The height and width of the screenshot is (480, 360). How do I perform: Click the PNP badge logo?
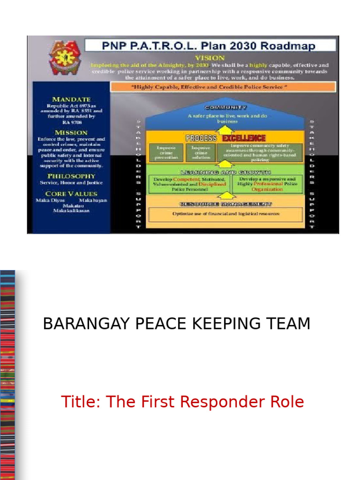65,57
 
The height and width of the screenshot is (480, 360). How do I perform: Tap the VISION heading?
210,58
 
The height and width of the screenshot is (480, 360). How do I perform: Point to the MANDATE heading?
71,99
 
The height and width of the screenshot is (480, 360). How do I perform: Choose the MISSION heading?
71,133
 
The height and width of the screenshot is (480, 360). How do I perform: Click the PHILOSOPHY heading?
71,176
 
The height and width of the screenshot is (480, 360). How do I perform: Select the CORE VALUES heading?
71,194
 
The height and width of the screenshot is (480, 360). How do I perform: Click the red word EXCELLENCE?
244,138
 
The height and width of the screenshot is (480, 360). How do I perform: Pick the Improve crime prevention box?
166,152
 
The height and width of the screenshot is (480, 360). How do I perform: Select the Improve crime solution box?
201,152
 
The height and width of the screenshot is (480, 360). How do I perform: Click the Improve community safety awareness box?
260,152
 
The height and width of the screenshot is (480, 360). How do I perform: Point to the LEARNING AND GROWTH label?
226,172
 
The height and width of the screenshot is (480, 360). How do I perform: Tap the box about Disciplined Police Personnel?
190,184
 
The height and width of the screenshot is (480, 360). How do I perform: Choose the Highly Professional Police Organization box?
267,184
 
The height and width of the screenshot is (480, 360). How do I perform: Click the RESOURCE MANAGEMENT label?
226,204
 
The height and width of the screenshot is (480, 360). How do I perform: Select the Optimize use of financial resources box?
226,214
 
